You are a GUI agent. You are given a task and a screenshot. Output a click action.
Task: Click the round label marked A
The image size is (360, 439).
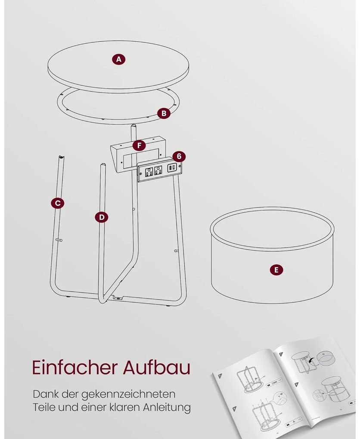click(x=119, y=59)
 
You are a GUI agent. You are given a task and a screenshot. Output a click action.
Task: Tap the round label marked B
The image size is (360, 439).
click(x=164, y=113)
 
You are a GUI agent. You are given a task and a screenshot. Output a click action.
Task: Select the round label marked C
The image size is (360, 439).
click(x=57, y=203)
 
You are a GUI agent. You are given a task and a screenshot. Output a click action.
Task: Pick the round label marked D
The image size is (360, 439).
click(x=102, y=217)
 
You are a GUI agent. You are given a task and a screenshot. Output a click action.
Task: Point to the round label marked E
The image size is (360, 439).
click(x=276, y=270)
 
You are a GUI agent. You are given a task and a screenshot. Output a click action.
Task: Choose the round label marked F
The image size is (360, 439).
click(x=139, y=145)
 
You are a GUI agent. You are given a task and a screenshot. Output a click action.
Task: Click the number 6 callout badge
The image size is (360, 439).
click(x=179, y=156)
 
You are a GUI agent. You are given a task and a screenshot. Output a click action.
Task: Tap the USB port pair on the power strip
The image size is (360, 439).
click(x=171, y=168)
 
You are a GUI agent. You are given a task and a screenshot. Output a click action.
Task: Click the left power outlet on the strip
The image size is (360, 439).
click(x=149, y=172)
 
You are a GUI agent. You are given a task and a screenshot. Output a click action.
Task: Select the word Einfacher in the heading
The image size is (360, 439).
click(x=74, y=367)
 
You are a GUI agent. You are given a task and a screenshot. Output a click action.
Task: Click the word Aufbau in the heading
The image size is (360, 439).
click(x=157, y=367)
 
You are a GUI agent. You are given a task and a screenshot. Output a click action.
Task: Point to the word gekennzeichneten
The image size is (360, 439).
click(x=129, y=394)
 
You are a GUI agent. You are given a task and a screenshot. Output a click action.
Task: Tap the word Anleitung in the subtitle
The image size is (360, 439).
click(x=167, y=407)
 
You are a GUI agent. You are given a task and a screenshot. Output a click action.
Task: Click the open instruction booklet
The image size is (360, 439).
click(x=284, y=386)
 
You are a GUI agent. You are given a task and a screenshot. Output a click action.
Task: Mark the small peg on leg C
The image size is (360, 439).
click(x=59, y=240)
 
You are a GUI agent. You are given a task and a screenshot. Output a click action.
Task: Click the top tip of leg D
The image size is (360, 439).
click(x=103, y=165)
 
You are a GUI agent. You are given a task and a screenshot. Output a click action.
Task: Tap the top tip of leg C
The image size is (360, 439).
click(x=61, y=157)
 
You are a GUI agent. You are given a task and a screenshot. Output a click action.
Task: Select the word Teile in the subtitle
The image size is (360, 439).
click(x=44, y=407)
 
